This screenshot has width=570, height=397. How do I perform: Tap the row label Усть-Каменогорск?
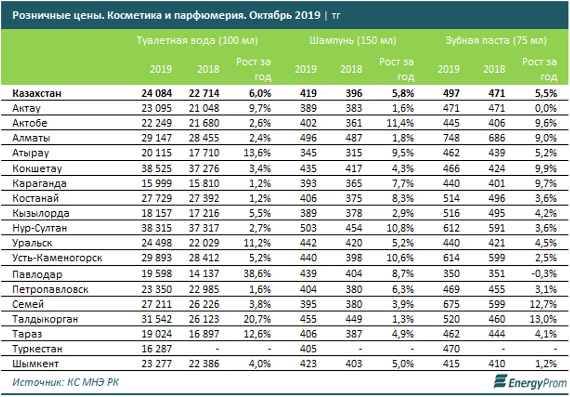(57, 259)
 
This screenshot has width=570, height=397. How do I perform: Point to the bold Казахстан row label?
(37, 93)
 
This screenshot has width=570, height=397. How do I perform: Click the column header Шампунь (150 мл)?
(353, 41)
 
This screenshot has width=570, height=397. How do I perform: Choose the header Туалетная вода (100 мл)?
(197, 41)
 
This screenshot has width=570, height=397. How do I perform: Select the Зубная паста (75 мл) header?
(495, 41)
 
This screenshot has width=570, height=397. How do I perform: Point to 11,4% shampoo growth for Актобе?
(400, 123)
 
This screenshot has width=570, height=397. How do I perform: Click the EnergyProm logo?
(530, 382)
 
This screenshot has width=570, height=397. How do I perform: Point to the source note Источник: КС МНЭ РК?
(66, 382)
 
